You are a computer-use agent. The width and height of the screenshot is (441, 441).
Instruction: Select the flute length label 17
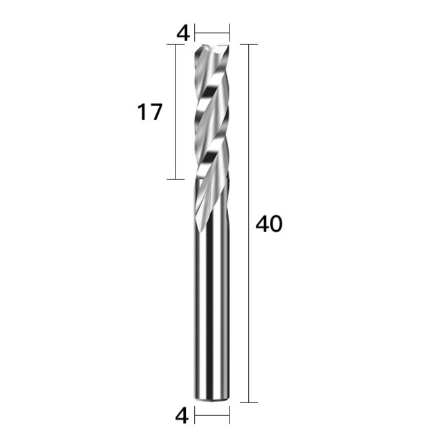[149, 113]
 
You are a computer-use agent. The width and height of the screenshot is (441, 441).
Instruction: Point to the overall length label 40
[269, 224]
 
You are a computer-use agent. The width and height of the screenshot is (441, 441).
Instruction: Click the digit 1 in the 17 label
[142, 113]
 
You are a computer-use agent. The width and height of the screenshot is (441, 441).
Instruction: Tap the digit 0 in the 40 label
[275, 224]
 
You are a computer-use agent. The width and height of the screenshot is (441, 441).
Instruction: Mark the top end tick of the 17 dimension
[175, 45]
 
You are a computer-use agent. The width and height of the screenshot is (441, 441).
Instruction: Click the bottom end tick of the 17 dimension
[175, 179]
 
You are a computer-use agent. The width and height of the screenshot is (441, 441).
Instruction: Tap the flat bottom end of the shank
[212, 401]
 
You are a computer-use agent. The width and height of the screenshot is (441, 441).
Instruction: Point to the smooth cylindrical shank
[212, 309]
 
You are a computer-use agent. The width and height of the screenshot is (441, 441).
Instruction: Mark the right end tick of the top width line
[229, 30]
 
